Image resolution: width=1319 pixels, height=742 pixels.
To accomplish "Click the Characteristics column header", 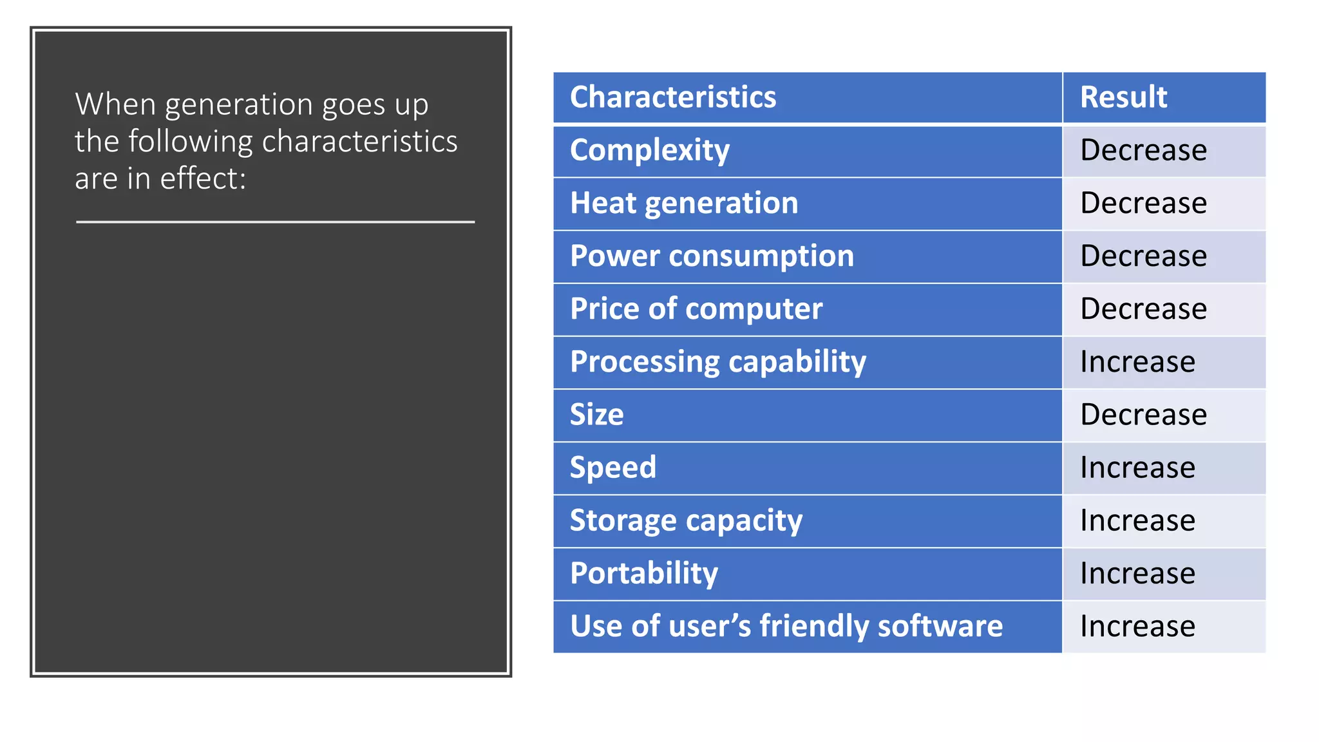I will [x=673, y=97].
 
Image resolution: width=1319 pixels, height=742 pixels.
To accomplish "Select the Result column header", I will [x=1123, y=97].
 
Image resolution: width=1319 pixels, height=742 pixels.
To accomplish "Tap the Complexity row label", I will [x=650, y=151].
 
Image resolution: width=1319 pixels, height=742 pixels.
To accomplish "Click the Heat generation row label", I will [x=684, y=204].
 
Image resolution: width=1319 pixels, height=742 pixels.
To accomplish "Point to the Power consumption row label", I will [x=712, y=256].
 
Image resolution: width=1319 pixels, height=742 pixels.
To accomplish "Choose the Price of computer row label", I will [x=696, y=309].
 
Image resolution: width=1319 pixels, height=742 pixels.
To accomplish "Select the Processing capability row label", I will [x=718, y=362].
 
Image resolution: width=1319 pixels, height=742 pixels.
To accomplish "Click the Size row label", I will [x=597, y=415].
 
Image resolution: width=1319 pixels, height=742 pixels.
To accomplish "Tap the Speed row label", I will [x=613, y=468].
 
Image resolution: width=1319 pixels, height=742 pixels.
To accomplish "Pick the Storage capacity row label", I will [x=686, y=520].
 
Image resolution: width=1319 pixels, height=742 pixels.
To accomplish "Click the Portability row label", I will [x=644, y=573].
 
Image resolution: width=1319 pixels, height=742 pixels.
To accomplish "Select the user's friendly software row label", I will [x=786, y=626].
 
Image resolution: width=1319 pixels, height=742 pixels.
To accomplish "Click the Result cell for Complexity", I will [x=1143, y=151].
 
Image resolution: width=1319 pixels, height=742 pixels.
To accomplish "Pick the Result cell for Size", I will [x=1143, y=415].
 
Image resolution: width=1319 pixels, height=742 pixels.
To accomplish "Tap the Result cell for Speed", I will [x=1137, y=468].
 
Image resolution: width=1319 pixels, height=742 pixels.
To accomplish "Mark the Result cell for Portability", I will [x=1137, y=573].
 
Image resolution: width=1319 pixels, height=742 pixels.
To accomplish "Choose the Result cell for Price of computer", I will [x=1143, y=309].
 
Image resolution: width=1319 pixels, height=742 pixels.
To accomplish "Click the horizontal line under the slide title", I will [x=275, y=222].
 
